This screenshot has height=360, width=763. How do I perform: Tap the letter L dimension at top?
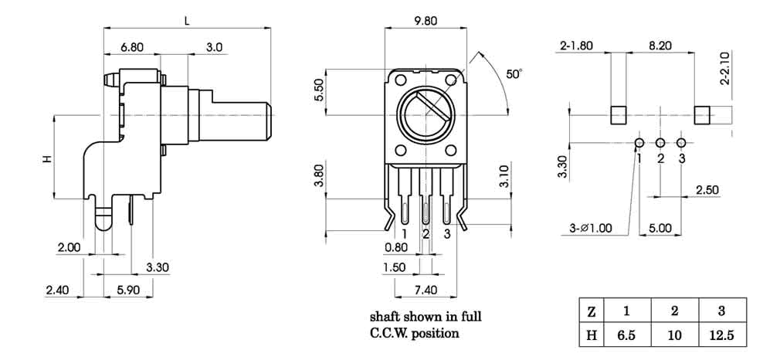pos(188,19)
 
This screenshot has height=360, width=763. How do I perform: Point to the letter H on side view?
pos(46,158)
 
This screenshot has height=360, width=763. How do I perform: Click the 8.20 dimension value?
pos(660,46)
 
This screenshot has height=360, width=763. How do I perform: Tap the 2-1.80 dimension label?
pos(576,46)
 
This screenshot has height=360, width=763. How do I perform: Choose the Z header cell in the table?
pos(591,312)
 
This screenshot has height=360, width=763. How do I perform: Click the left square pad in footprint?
pos(619,114)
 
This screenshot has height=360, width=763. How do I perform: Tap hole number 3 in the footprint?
pos(681,144)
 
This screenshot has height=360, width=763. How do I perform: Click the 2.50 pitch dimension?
pos(707,189)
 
